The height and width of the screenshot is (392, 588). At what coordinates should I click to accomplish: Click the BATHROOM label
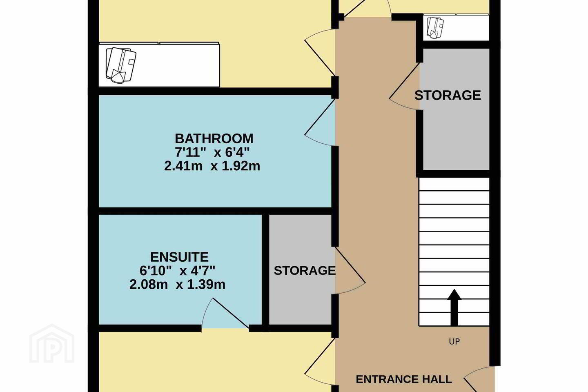click(214, 139)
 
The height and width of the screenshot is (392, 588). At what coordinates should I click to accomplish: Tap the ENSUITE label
click(179, 257)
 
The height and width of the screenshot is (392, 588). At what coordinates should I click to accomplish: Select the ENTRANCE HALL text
click(404, 379)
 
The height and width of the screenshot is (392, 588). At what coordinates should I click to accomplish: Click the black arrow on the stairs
click(454, 307)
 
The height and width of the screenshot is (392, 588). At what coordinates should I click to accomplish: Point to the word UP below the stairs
click(454, 342)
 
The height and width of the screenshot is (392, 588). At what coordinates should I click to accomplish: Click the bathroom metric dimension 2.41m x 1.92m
click(212, 166)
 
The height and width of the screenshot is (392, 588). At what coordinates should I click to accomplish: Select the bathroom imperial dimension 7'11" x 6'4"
click(212, 152)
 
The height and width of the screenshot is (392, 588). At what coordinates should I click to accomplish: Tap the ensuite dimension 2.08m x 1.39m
click(178, 285)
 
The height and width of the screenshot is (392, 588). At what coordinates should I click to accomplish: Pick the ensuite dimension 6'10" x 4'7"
click(178, 271)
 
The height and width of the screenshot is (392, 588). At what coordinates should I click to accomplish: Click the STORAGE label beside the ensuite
click(305, 271)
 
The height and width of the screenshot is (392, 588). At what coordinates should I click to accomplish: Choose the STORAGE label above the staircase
click(448, 95)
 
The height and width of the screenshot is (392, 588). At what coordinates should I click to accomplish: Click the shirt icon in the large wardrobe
click(121, 65)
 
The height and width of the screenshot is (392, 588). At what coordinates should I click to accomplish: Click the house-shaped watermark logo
click(52, 343)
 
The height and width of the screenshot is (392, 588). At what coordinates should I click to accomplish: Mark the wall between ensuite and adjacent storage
click(265, 270)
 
